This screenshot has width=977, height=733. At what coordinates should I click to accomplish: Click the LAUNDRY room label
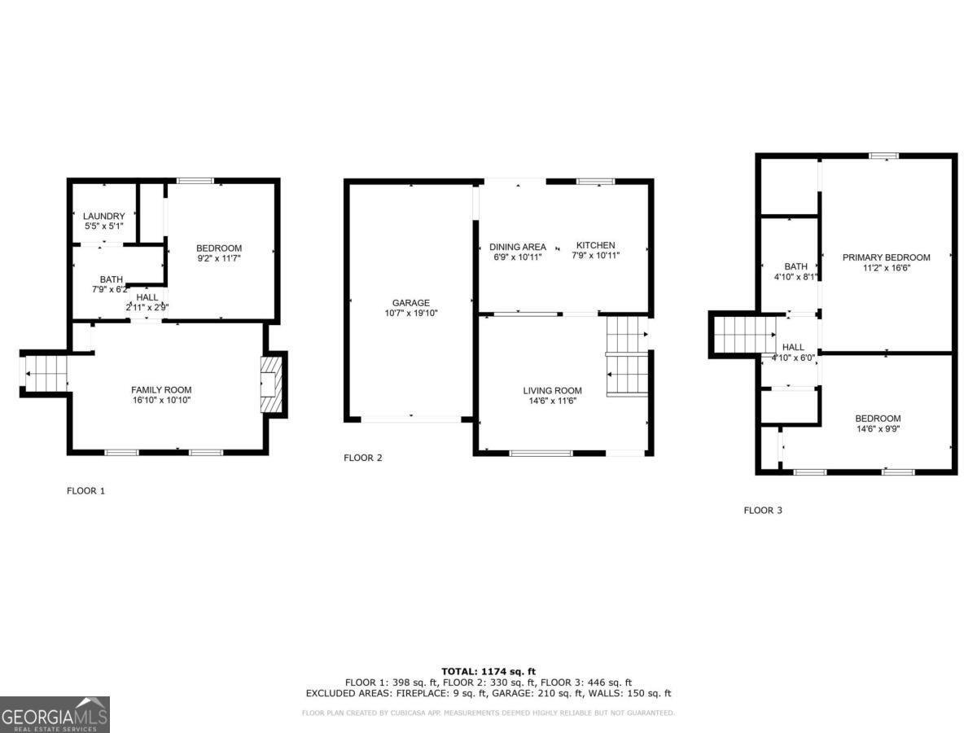103,216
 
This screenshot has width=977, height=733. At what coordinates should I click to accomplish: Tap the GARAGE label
411,303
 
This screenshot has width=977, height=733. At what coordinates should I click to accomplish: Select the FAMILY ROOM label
161,390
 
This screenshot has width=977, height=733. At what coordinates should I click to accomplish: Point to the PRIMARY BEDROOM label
886,257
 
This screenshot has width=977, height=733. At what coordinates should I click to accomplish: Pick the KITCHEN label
596,245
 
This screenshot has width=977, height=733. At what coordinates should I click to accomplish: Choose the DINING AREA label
517,247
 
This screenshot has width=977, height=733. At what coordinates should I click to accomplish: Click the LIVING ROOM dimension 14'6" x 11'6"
552,401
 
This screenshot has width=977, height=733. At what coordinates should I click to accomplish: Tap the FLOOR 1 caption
85,491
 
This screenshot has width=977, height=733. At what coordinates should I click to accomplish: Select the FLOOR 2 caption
362,458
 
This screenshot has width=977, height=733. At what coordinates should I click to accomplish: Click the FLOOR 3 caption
763,511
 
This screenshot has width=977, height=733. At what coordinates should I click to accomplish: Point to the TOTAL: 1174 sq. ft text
488,671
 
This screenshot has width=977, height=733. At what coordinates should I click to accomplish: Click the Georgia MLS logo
55,714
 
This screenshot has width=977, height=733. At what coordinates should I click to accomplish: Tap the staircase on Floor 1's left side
45,374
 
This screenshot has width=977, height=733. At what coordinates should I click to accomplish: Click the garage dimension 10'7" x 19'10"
411,313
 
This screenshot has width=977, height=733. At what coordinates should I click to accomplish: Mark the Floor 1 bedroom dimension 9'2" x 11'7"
219,258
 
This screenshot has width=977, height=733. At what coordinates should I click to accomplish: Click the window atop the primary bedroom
883,156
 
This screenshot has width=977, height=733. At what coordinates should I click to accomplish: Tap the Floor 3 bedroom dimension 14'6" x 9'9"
877,428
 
